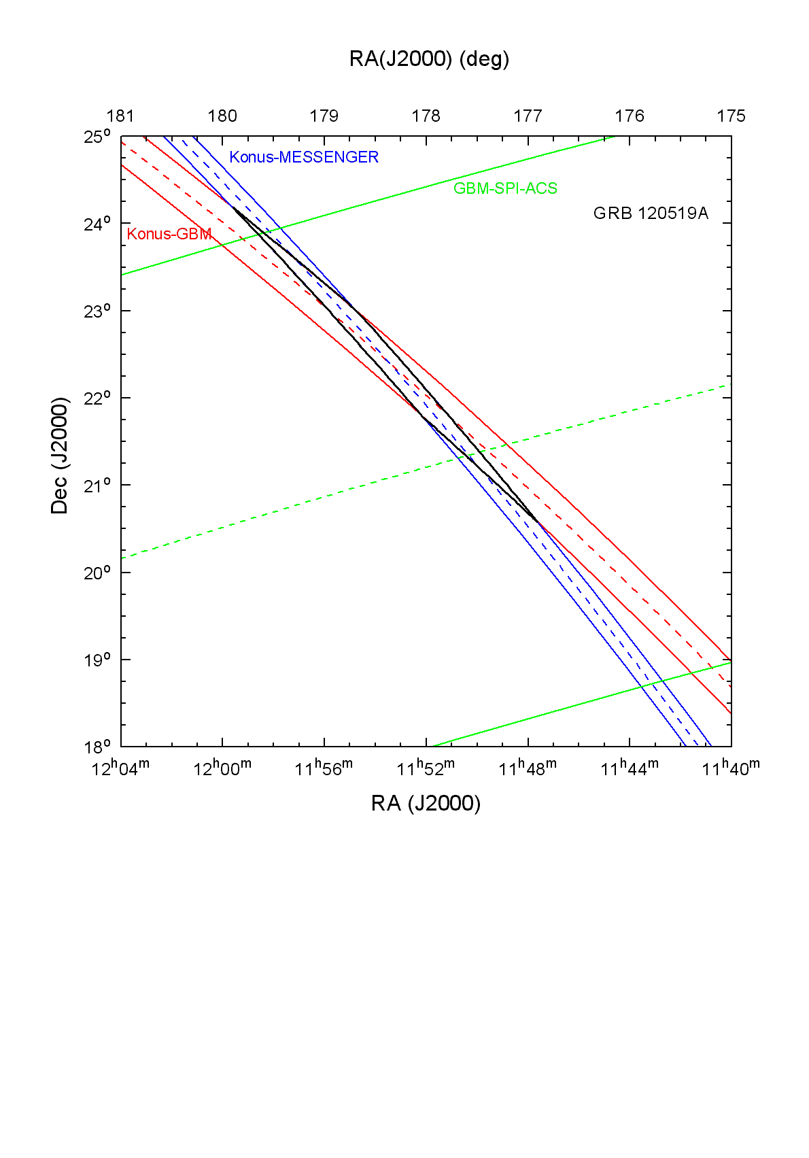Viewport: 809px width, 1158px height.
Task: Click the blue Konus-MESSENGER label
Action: click(304, 157)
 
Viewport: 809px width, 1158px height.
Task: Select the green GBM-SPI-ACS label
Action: click(505, 188)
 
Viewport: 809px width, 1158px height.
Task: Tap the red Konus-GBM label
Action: click(169, 234)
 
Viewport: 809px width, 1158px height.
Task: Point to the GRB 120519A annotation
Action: click(651, 214)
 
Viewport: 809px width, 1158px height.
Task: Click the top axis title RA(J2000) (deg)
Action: click(429, 59)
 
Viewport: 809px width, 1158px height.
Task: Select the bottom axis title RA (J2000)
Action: click(426, 804)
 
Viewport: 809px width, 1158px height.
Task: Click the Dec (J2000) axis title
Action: click(60, 456)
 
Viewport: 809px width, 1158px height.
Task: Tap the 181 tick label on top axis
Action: click(120, 116)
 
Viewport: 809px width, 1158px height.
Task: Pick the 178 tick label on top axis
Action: click(426, 116)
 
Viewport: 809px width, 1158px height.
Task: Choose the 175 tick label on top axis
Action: click(731, 116)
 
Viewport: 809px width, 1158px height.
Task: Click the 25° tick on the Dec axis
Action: click(97, 137)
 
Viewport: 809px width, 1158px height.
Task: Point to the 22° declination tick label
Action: click(97, 398)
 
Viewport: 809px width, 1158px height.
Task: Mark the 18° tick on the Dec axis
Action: click(97, 747)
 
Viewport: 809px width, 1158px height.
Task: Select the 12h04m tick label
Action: click(120, 768)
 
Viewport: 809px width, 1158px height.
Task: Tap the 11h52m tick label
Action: click(426, 768)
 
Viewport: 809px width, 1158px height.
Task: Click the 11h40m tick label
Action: click(731, 768)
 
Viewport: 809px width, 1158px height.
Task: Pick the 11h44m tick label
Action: click(630, 768)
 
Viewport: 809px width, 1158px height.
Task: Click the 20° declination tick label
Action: click(97, 573)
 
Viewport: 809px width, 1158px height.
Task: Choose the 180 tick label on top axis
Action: click(222, 116)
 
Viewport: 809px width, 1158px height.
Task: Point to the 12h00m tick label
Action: click(222, 768)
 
